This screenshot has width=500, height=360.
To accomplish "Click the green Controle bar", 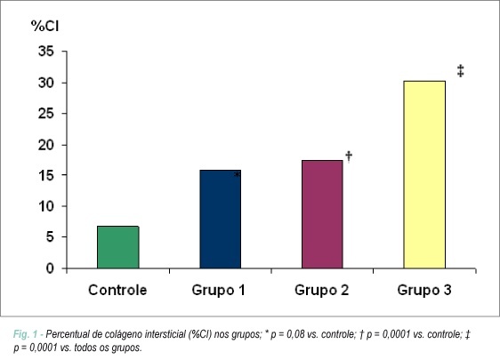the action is point(118,247).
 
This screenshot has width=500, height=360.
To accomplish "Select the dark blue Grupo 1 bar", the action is point(221,220).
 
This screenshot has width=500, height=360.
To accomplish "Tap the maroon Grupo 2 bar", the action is point(322,214).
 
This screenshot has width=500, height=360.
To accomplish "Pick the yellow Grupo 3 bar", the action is point(424,174).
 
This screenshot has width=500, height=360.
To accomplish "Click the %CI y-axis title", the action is point(45,26).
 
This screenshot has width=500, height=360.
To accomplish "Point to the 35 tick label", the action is point(46,51).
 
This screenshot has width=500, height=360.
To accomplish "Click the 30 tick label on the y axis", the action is point(46,83).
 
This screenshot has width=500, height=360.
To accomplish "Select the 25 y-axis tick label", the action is point(46,114).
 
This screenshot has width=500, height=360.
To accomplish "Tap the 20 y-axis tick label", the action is point(46,145).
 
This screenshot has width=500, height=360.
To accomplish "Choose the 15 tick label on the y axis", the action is point(46,175).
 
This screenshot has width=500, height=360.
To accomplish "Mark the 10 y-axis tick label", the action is point(46,206).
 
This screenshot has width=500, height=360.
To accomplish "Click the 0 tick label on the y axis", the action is point(50,268).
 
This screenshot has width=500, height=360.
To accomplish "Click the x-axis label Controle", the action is point(117,290).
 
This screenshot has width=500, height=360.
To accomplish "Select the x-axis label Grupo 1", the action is point(219,291).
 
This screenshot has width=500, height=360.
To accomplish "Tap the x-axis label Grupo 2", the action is point(321,291).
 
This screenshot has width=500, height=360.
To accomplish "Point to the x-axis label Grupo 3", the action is point(424,291).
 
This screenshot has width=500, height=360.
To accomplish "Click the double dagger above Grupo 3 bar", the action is point(461,71).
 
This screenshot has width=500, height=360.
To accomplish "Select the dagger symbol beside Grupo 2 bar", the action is point(349,156).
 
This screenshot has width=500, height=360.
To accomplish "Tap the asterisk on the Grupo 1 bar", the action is point(237,174).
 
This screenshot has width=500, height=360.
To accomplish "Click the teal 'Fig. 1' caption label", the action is point(25,334).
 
